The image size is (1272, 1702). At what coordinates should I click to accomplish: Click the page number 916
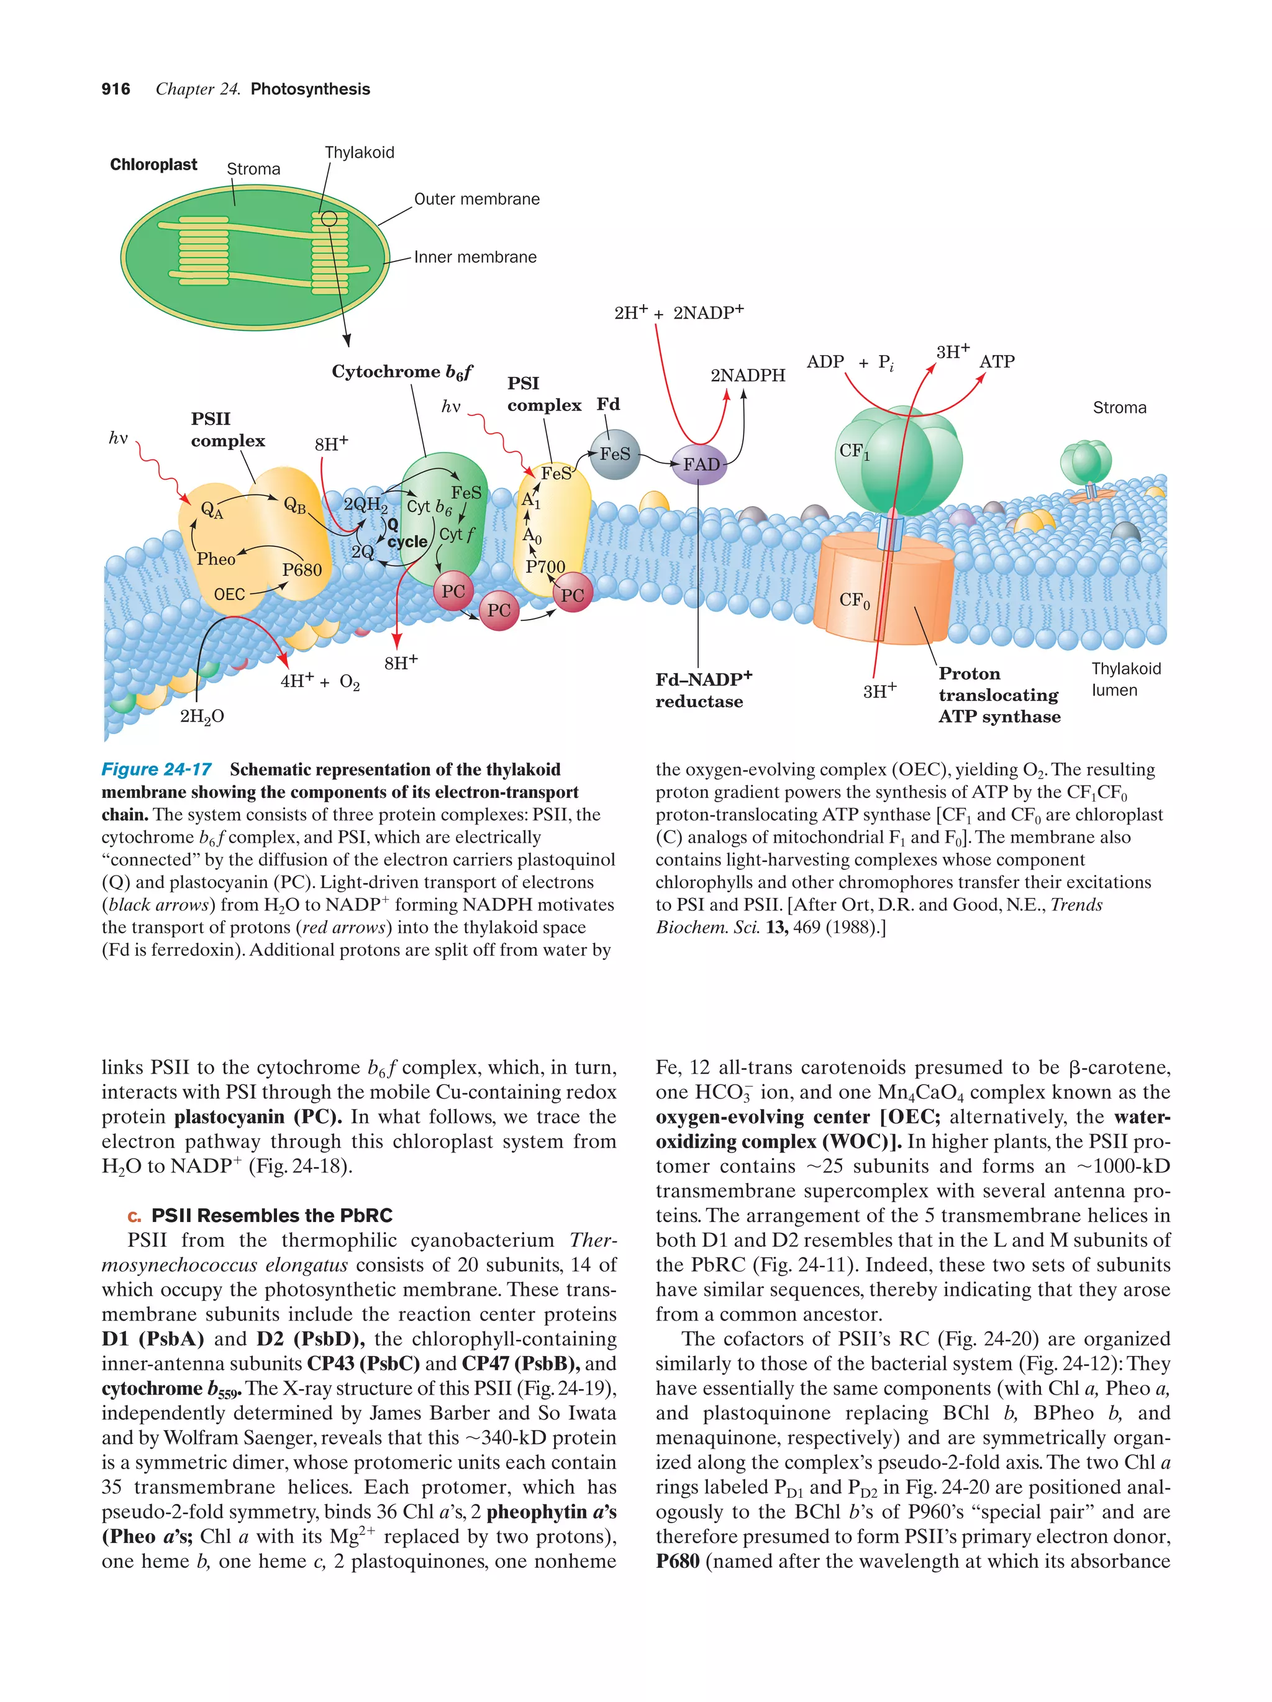coord(116,89)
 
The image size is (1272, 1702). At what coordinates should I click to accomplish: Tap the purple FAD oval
coord(699,464)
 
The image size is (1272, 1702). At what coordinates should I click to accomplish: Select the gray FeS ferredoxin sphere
coord(615,454)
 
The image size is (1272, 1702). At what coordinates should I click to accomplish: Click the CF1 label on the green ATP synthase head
coord(853,451)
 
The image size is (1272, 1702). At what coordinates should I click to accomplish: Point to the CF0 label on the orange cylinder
coord(854,600)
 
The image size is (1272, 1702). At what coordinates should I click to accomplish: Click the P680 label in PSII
coord(302,570)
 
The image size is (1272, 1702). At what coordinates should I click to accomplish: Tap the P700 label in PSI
coord(545,567)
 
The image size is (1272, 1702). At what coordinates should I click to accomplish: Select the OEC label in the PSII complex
coord(229,594)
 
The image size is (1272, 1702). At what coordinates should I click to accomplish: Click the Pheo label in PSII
coord(216,559)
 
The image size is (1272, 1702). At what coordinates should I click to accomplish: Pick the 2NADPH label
coord(747,376)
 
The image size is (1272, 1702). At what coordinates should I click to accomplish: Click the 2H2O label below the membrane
coord(202,717)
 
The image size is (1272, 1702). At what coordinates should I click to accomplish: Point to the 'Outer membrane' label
coord(476,199)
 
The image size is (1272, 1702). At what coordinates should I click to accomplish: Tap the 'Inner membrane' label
coord(475,257)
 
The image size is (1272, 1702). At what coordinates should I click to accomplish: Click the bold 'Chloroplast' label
coord(153,165)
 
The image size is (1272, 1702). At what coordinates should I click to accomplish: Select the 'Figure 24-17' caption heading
coord(157,769)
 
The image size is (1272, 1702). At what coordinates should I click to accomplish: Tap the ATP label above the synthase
coord(996,361)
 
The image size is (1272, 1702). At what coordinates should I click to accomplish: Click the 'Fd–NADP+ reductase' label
coord(702,690)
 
